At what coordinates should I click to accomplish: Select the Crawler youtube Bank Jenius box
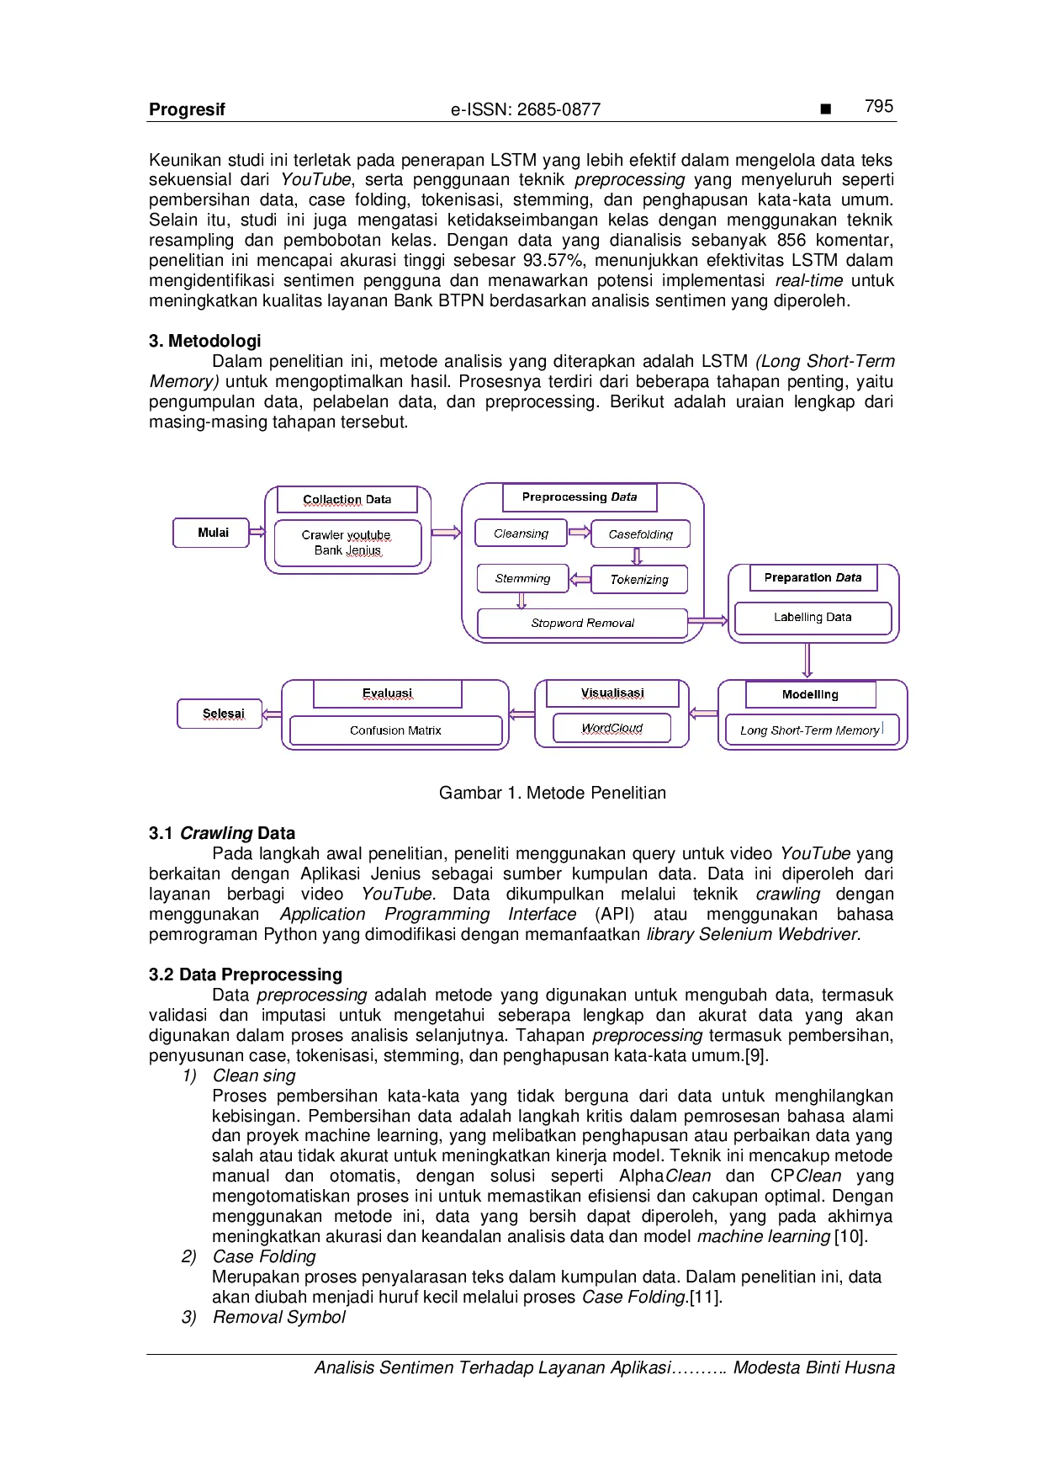347,543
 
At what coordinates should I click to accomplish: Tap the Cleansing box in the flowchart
521,534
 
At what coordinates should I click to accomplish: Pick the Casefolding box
640,534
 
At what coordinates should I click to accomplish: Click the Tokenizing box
639,579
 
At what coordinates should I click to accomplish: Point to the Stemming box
522,578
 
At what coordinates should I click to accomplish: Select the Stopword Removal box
582,623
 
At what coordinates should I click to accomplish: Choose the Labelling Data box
813,618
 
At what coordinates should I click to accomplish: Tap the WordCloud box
612,728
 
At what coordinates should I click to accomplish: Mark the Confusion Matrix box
395,730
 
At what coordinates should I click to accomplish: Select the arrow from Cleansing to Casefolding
579,532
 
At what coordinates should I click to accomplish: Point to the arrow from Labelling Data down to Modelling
807,661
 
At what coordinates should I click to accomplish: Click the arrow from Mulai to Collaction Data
258,531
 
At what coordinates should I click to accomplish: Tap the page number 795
879,106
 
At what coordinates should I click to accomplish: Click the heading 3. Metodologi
205,341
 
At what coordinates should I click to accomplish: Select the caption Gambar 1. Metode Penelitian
553,793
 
